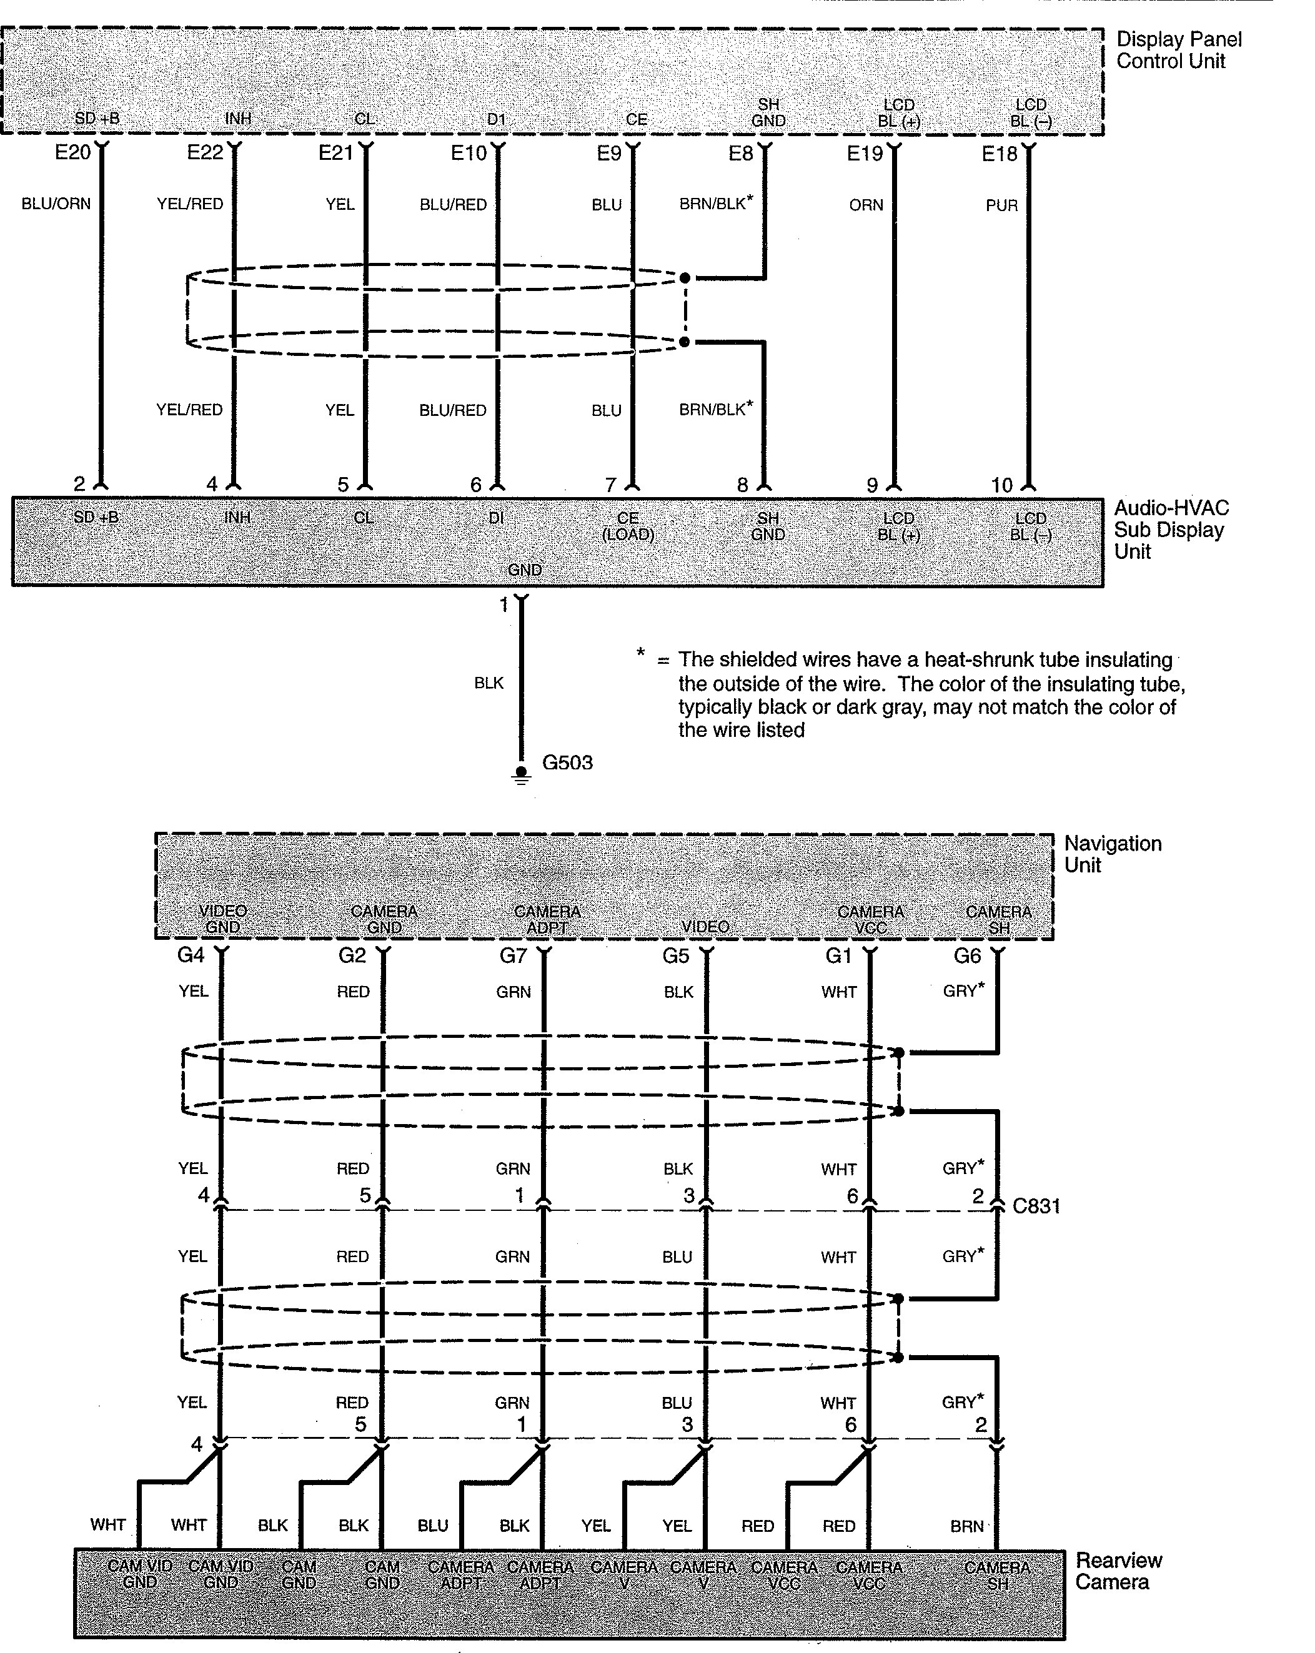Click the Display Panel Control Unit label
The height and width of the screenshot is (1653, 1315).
coord(1178,50)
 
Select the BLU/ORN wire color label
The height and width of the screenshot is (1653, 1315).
coord(56,204)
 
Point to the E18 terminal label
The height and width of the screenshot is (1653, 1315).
coord(999,154)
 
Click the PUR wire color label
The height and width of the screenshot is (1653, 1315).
coord(1001,205)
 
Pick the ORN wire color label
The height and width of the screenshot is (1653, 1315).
coord(866,205)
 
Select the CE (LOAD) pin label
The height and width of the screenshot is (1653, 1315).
coord(628,526)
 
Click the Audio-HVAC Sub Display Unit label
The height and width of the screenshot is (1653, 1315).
coord(1170,529)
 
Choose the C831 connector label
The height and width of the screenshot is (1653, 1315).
coord(1036,1206)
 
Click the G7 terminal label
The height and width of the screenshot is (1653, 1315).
coord(513,955)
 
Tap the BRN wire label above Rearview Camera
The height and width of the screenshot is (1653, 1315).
coord(967,1526)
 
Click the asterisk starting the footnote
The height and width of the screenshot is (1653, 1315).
coord(640,654)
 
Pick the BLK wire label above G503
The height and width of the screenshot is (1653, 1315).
coord(489,683)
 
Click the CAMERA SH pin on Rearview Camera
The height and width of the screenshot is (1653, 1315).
coord(997,1575)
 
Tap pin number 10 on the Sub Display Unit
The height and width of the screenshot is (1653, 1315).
coord(1001,485)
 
